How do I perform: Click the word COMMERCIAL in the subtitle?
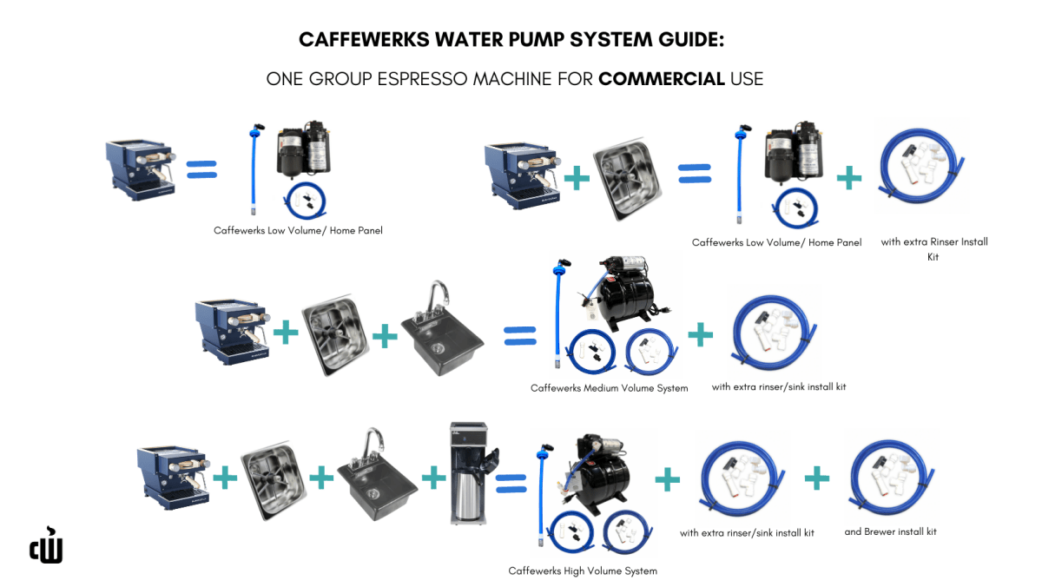tap(662, 79)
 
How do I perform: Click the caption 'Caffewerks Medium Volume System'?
tap(609, 388)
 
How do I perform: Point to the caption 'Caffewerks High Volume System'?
tap(583, 571)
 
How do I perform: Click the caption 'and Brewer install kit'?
tap(890, 531)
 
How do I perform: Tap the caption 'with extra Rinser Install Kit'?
tap(934, 248)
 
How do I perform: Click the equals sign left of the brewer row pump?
tap(511, 478)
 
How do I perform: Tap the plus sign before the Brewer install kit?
tap(816, 477)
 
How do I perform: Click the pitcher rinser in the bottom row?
tap(272, 480)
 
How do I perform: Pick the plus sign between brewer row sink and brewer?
tap(432, 477)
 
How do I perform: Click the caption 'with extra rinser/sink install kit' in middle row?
tap(778, 386)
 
